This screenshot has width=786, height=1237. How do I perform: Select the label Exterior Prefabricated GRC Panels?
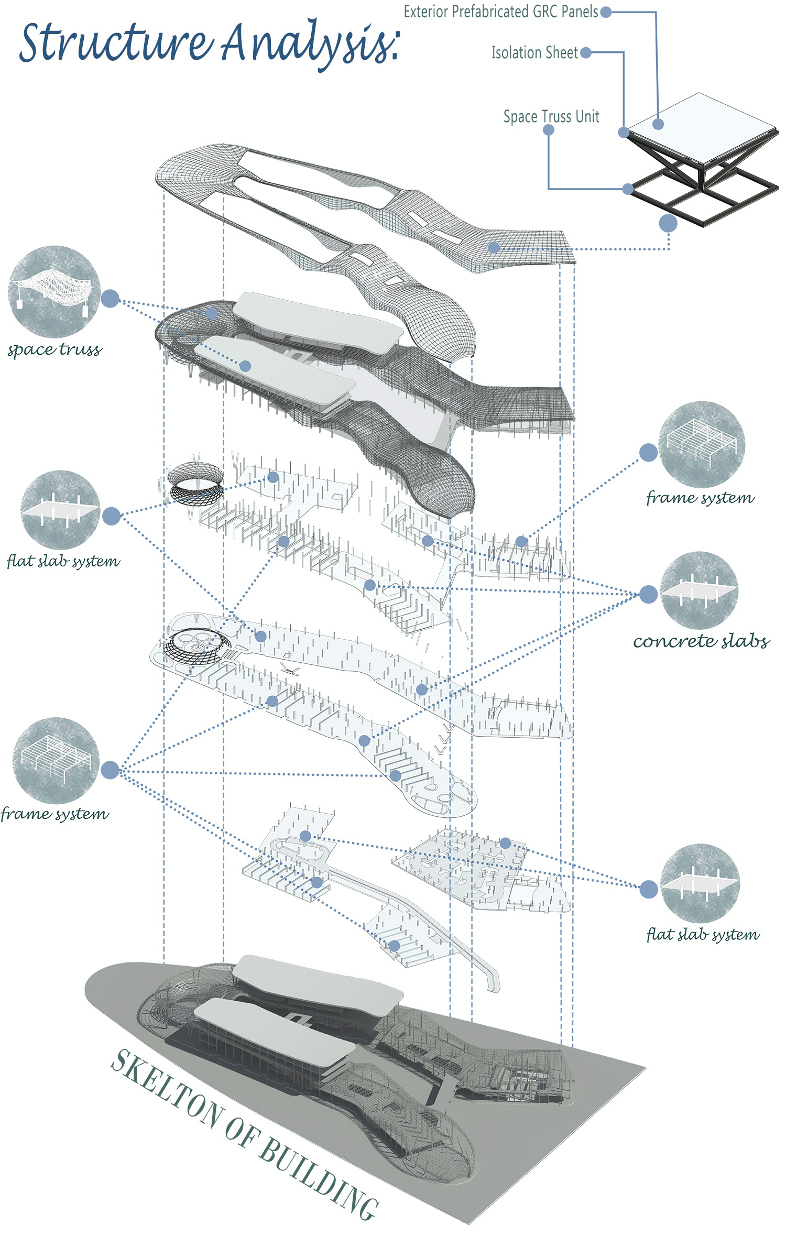coord(500,12)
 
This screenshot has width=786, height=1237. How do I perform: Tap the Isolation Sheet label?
coord(534,52)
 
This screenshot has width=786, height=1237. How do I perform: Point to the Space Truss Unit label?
coord(551,116)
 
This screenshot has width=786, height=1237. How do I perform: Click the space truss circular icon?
coord(54,291)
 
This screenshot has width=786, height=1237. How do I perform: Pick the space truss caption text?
coord(54,349)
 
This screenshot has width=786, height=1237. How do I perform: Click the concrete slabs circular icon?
coord(699,590)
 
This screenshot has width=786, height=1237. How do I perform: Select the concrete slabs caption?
coord(701,641)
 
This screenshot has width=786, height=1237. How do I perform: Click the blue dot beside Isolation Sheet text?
coord(586,52)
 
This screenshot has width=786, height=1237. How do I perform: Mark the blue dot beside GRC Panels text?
coord(606,12)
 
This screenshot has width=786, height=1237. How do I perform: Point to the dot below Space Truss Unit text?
coord(549,130)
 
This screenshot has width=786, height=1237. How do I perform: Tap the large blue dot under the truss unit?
coord(668,223)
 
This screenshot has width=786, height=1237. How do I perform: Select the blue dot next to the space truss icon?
coord(110,299)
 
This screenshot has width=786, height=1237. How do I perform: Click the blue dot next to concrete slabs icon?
coord(648,594)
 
